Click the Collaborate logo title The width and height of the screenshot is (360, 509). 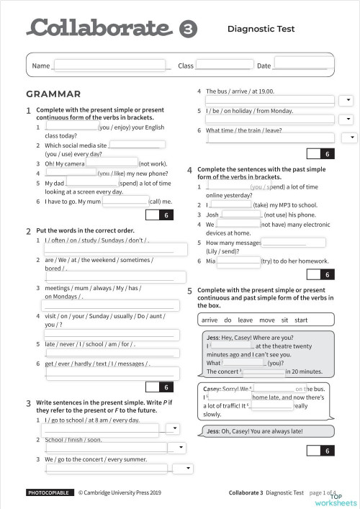(99, 28)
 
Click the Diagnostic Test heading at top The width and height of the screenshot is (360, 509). (261, 30)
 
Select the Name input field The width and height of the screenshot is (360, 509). (109, 66)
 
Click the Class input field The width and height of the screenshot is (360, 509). (224, 66)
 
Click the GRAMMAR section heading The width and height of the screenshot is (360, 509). (53, 94)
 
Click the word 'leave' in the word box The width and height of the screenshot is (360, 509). (245, 320)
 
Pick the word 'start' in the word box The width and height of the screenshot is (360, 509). (301, 320)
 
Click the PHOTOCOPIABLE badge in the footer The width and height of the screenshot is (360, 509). (49, 493)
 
